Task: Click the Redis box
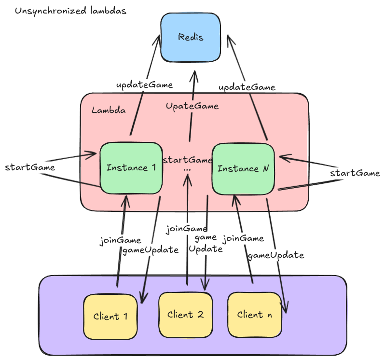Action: pyautogui.click(x=190, y=38)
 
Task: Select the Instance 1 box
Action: pyautogui.click(x=131, y=168)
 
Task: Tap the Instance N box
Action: pyautogui.click(x=243, y=168)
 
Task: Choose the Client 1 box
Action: pyautogui.click(x=110, y=317)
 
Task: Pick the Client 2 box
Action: pyautogui.click(x=185, y=315)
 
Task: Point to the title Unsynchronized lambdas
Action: pyautogui.click(x=70, y=11)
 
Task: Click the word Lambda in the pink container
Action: pyautogui.click(x=109, y=110)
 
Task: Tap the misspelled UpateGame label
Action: pyautogui.click(x=192, y=106)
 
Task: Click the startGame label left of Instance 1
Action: pyautogui.click(x=29, y=167)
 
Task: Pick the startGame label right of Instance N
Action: pyautogui.click(x=355, y=173)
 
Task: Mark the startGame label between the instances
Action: pyautogui.click(x=187, y=160)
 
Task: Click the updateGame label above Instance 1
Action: pyautogui.click(x=144, y=85)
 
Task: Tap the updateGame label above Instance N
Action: pyautogui.click(x=247, y=87)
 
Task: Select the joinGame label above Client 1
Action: pyautogui.click(x=120, y=240)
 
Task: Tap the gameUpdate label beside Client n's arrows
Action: pyautogui.click(x=275, y=255)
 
